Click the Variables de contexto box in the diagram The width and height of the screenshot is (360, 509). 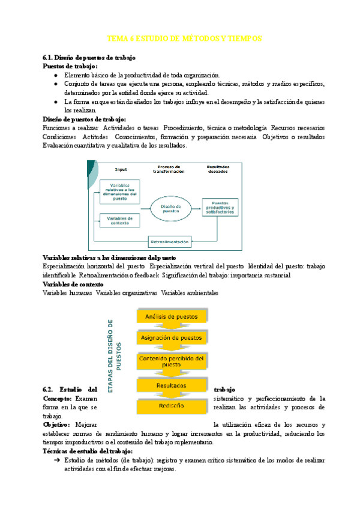119,220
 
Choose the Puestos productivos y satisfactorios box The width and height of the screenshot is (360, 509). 220,208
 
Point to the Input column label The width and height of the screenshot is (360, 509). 121,169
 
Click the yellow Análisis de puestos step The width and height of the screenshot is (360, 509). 172,316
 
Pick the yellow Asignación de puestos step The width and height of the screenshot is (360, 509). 172,338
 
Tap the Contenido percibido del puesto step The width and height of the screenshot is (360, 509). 172,361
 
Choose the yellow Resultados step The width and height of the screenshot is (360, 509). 172,385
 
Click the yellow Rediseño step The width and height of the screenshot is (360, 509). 172,406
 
